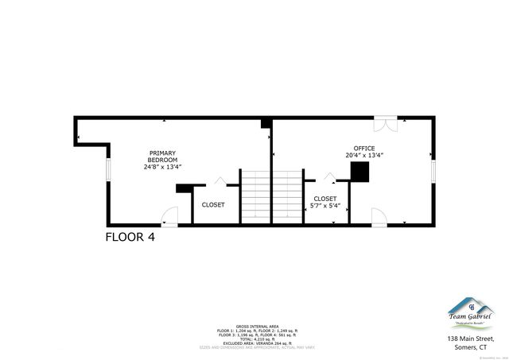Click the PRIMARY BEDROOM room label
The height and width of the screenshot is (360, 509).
coord(162,157)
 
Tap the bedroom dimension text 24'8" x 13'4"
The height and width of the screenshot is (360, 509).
coord(162,167)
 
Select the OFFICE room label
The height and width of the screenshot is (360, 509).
coord(364,148)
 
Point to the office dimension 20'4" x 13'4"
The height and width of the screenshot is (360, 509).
coord(364,156)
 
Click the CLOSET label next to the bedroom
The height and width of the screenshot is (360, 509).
coord(212,204)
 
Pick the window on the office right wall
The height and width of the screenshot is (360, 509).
coord(433,171)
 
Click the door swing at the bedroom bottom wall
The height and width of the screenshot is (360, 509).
coord(169,217)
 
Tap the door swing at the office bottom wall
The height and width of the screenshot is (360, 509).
coord(379,217)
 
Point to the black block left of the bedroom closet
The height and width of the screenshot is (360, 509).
coord(184,188)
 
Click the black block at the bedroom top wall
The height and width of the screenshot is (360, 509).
coord(266,123)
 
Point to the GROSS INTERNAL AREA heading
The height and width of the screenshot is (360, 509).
coord(256,326)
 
